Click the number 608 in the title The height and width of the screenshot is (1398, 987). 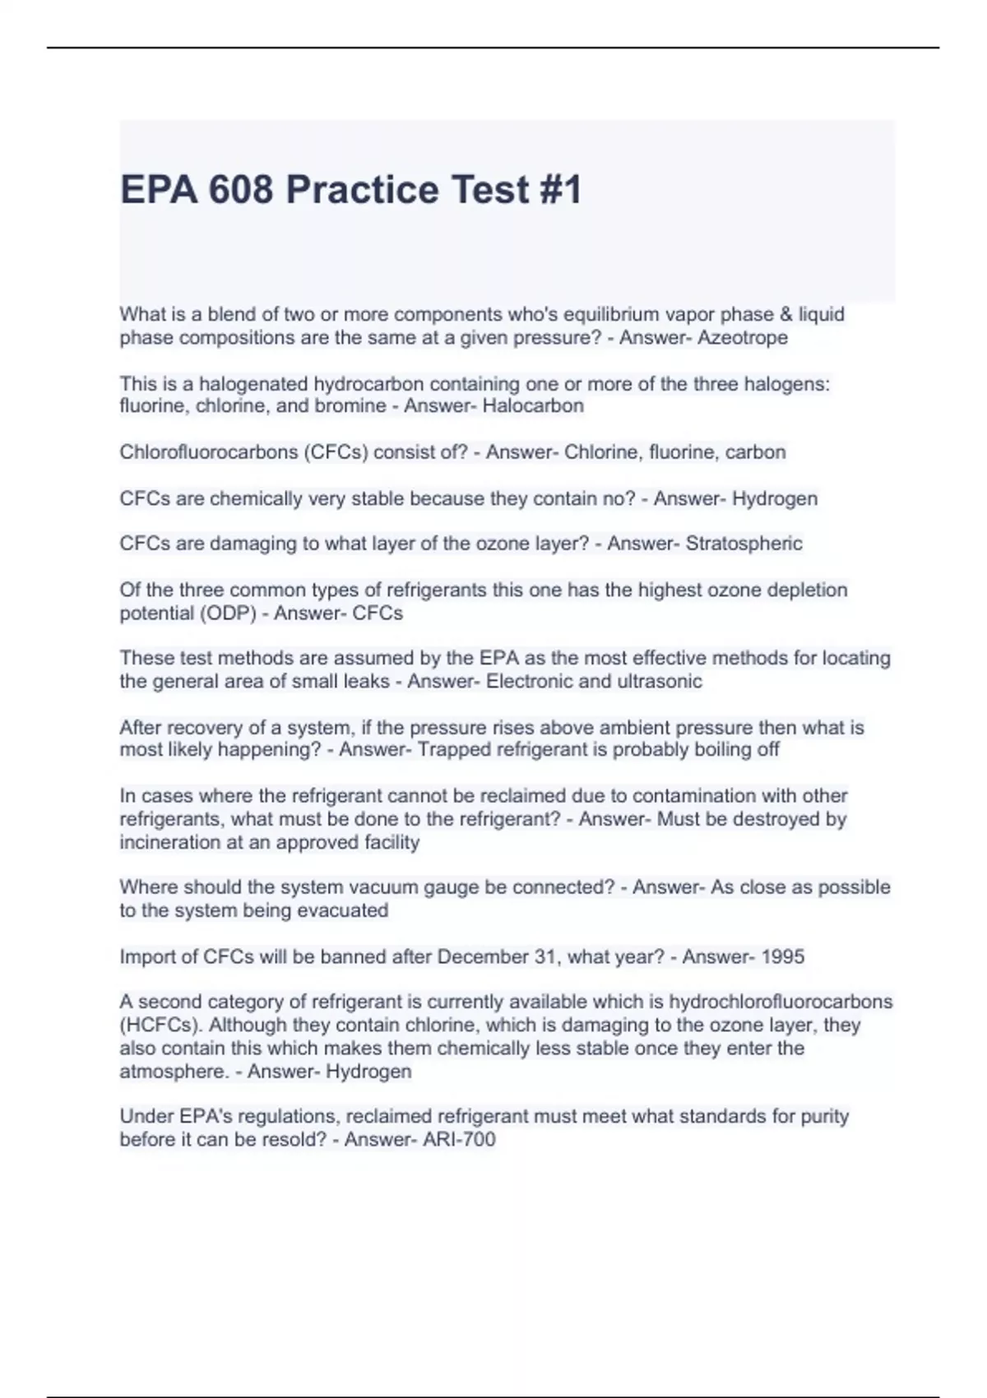[x=240, y=190]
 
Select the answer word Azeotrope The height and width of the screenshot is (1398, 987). [x=742, y=337]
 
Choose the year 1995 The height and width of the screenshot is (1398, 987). [x=782, y=956]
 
